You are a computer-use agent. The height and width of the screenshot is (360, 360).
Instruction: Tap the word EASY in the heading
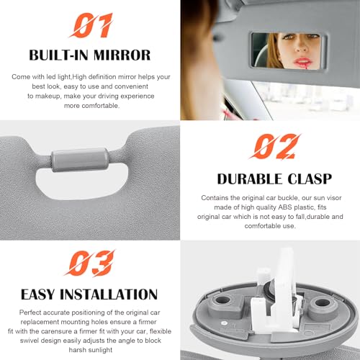41,294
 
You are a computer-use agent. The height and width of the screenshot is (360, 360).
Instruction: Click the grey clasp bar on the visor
80,155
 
